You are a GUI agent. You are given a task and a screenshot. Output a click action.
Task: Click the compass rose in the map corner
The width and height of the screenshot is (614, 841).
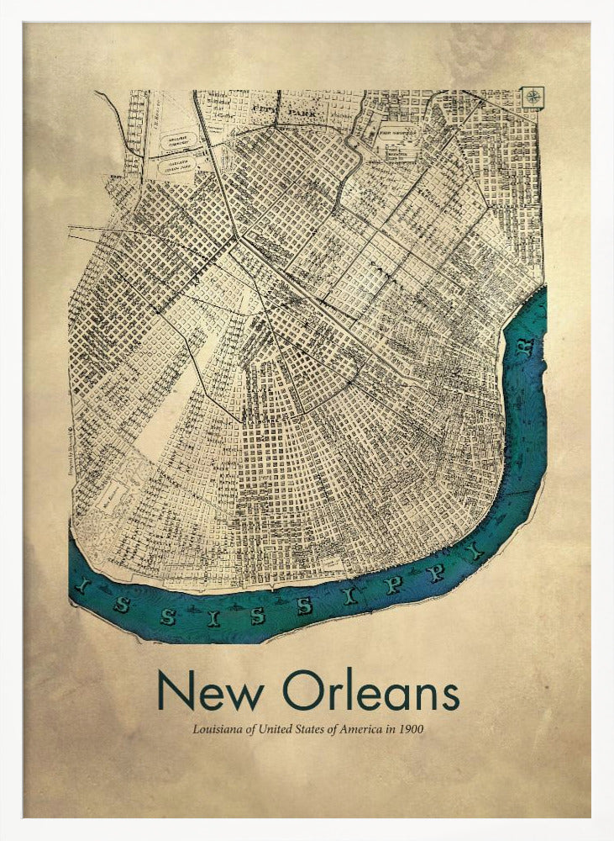coord(533,97)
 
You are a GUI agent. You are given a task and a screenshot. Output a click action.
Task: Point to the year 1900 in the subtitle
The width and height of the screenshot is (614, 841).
coord(412,729)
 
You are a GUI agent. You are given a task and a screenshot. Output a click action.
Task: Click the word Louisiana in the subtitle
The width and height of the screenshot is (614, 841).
coord(217,729)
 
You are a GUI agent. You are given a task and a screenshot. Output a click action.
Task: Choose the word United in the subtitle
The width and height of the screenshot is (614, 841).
coord(272,729)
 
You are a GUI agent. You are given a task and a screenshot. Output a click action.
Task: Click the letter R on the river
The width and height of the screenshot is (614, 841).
coord(527,347)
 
